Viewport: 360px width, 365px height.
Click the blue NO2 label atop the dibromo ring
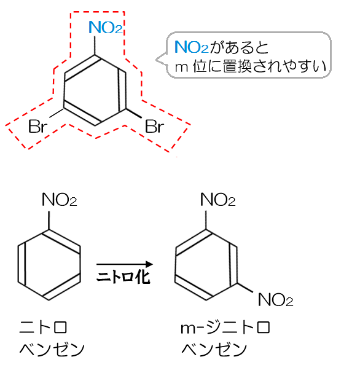[x=106, y=28]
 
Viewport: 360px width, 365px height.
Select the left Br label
[x=37, y=127]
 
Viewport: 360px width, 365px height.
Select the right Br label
[x=154, y=127]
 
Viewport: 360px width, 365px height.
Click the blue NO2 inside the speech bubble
[x=191, y=47]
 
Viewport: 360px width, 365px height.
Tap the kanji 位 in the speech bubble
[x=200, y=66]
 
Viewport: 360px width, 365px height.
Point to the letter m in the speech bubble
[x=181, y=68]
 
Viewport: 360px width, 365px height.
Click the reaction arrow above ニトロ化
[x=125, y=264]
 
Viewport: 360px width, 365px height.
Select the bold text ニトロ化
[x=123, y=277]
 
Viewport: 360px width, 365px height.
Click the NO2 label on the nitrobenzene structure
[x=60, y=200]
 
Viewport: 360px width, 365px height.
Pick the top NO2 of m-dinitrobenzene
[x=218, y=200]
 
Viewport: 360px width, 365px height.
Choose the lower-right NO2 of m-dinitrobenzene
[x=275, y=299]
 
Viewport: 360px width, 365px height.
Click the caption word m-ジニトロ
[x=225, y=327]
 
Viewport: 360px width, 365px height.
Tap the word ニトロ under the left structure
[x=43, y=327]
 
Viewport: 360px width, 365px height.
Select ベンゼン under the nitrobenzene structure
[x=52, y=349]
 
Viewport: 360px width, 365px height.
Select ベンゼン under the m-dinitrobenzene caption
[x=214, y=349]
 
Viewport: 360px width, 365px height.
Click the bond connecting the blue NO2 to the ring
[x=95, y=45]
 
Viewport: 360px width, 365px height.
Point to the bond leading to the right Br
[x=134, y=113]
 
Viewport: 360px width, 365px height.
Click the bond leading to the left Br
[x=57, y=112]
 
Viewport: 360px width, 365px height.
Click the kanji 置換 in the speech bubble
[x=237, y=66]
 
